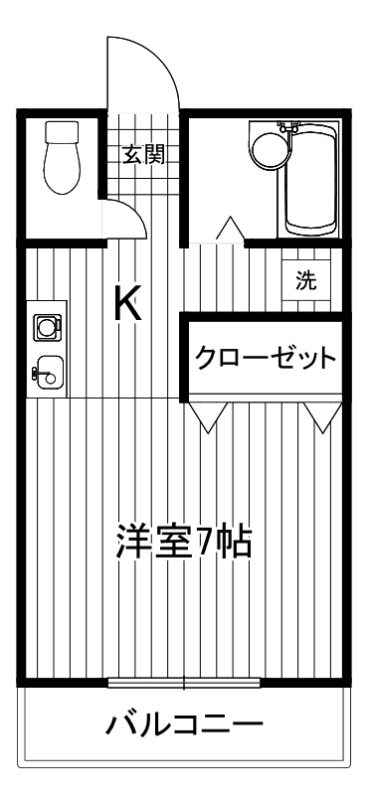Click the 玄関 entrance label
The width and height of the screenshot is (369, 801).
(x=143, y=154)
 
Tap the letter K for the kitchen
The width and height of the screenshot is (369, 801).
(x=127, y=303)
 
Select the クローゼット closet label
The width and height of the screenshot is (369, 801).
(x=264, y=358)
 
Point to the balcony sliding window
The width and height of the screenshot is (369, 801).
(x=185, y=683)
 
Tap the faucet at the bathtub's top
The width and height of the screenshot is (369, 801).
(x=289, y=126)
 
